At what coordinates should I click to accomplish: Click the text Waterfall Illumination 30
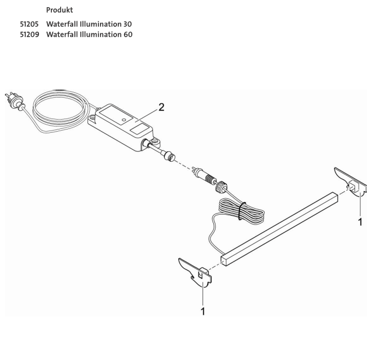(89, 25)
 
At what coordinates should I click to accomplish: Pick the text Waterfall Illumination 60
(89, 35)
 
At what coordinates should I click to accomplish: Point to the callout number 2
(161, 107)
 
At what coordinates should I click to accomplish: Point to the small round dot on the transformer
(125, 118)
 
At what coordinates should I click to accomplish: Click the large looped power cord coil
(60, 109)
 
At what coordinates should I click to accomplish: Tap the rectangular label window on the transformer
(141, 129)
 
